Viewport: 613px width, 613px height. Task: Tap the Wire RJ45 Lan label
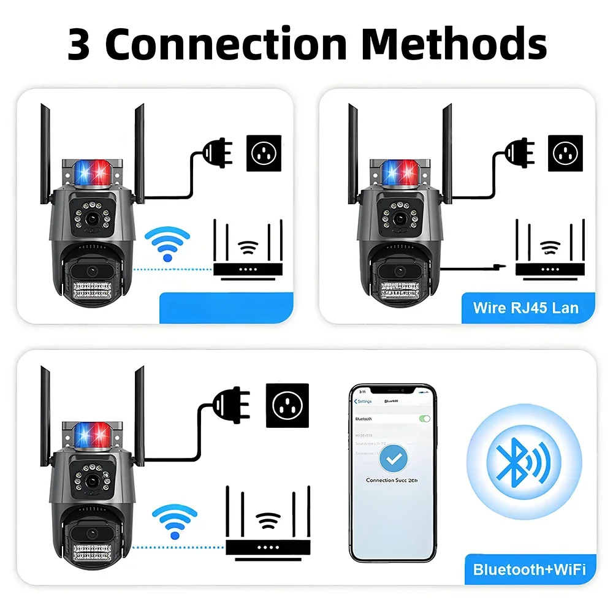525,307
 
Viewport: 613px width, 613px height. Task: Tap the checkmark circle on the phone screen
393,459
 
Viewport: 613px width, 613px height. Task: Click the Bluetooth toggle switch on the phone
424,418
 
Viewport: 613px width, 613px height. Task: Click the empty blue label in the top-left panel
226,308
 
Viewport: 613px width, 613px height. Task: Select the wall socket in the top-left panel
264,153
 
